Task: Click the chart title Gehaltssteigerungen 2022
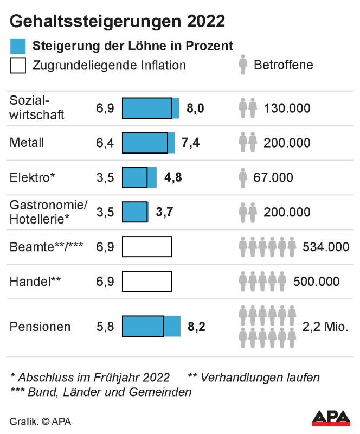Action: pyautogui.click(x=117, y=21)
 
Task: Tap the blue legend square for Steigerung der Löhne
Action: pyautogui.click(x=18, y=46)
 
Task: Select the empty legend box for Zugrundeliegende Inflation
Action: pyautogui.click(x=18, y=65)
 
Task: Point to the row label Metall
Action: pyautogui.click(x=27, y=143)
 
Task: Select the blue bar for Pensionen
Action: pyautogui.click(x=151, y=327)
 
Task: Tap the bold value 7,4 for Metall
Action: pyautogui.click(x=191, y=143)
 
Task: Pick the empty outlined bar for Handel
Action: pyautogui.click(x=146, y=282)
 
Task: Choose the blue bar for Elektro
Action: pyautogui.click(x=139, y=178)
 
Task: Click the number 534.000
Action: pyautogui.click(x=326, y=247)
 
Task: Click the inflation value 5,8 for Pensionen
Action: pyautogui.click(x=105, y=327)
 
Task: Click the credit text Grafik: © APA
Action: pyautogui.click(x=41, y=421)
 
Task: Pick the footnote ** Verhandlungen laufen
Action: pyautogui.click(x=254, y=377)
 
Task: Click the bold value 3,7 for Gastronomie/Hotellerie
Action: pyautogui.click(x=164, y=213)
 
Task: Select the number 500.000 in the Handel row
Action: pyautogui.click(x=317, y=282)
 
